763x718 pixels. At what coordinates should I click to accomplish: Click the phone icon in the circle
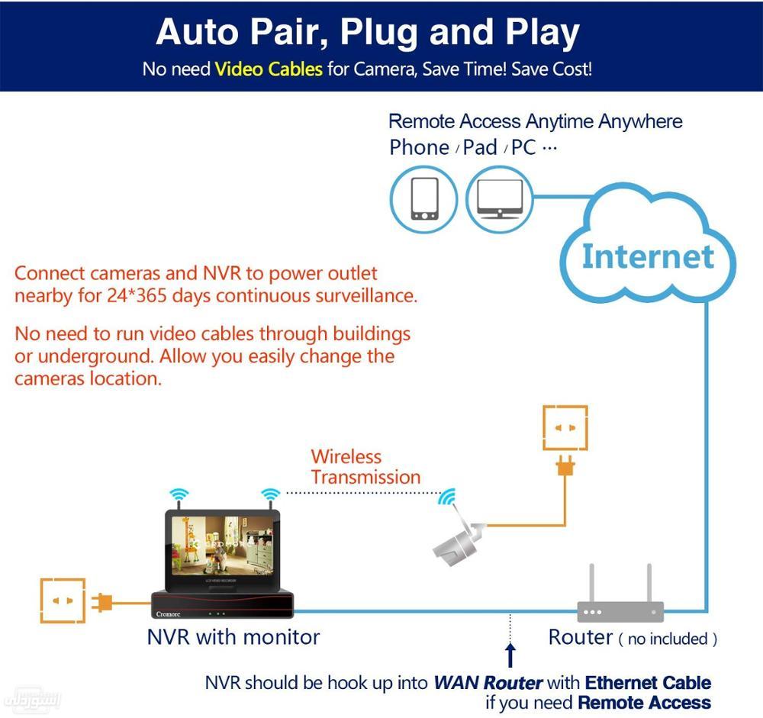click(424, 200)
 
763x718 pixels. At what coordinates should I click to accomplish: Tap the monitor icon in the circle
click(499, 200)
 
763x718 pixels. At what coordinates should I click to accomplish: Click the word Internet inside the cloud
click(648, 256)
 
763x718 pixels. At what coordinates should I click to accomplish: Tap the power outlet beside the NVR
click(63, 601)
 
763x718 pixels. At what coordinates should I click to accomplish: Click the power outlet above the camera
click(565, 429)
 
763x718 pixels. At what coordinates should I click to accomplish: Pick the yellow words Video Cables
click(269, 69)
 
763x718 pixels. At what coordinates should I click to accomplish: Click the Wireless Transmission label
click(365, 467)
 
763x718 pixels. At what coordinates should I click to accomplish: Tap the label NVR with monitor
click(233, 636)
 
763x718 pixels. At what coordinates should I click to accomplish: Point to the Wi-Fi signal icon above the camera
click(447, 497)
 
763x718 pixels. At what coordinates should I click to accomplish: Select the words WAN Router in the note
click(488, 682)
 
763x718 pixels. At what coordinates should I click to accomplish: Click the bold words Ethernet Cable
click(648, 682)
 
